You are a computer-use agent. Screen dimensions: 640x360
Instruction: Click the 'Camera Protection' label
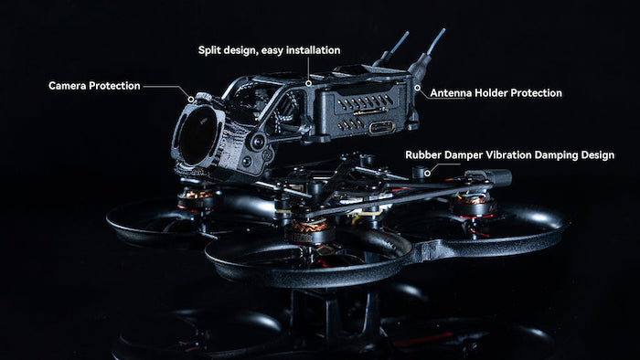94,86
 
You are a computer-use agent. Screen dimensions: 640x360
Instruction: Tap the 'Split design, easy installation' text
269,50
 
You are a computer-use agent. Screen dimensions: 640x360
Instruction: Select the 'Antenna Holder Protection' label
496,93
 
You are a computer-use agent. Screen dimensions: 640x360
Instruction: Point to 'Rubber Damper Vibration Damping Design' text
509,155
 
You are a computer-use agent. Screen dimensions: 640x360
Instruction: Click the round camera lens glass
198,136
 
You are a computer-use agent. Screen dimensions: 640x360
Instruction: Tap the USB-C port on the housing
381,128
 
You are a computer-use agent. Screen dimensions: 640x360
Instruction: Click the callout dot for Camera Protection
190,99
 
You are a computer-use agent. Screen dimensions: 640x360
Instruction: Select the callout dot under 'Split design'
309,83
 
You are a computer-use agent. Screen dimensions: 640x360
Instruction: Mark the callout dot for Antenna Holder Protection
417,88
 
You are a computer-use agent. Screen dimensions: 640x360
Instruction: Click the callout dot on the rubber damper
427,173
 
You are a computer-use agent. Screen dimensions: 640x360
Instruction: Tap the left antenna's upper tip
407,33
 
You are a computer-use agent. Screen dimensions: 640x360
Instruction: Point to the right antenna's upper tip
443,30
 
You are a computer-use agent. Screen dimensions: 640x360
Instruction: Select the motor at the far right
474,203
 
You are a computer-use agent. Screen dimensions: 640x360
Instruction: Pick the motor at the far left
197,197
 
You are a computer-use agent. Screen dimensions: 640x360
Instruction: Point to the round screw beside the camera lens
258,142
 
